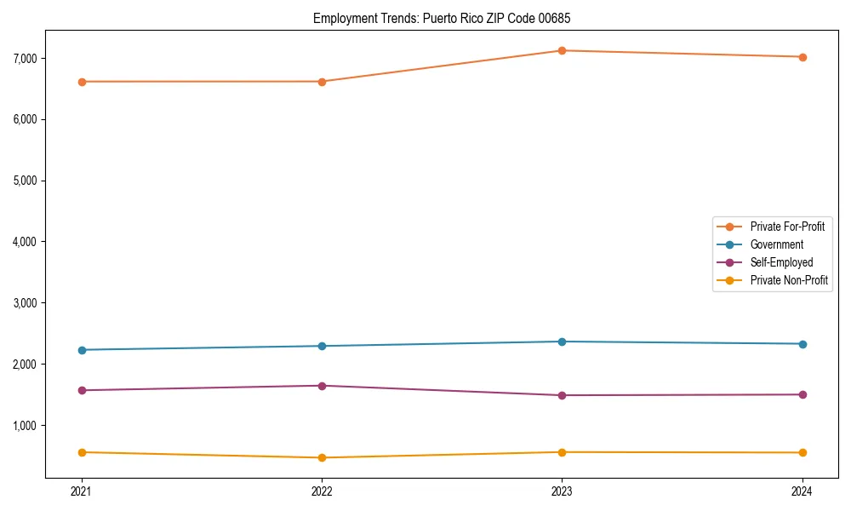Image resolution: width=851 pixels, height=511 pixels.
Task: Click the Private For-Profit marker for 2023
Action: tap(562, 51)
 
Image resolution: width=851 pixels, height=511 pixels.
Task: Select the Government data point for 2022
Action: tap(322, 346)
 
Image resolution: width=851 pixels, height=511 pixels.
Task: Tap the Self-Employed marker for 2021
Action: tap(82, 390)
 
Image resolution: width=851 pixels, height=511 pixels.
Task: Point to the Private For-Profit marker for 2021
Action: tap(82, 82)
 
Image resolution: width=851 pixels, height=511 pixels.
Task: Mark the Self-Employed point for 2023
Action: tap(562, 395)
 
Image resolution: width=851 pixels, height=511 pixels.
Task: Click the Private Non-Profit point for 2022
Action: tap(322, 457)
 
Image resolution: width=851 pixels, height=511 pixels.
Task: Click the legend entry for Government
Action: tap(776, 244)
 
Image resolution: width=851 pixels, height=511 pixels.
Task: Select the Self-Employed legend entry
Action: tap(781, 262)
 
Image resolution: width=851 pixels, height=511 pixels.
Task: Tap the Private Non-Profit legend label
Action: tap(789, 280)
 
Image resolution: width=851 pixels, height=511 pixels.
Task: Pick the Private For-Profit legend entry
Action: tap(787, 227)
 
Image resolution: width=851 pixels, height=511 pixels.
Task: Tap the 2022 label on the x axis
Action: tap(322, 491)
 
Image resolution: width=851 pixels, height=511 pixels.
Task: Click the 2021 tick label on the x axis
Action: tap(82, 491)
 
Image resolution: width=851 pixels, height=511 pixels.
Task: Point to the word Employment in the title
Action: tap(340, 18)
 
